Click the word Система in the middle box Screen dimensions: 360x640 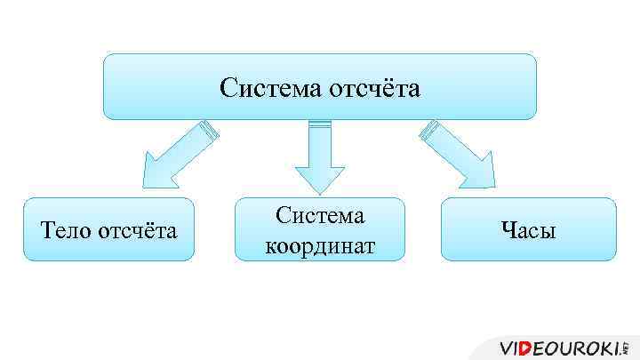[319, 216]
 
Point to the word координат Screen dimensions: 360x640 [319, 244]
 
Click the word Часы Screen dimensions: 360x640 [528, 231]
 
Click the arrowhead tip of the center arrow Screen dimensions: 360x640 [319, 192]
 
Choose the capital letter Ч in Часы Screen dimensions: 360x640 [508, 231]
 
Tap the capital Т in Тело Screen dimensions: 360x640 [48, 231]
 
